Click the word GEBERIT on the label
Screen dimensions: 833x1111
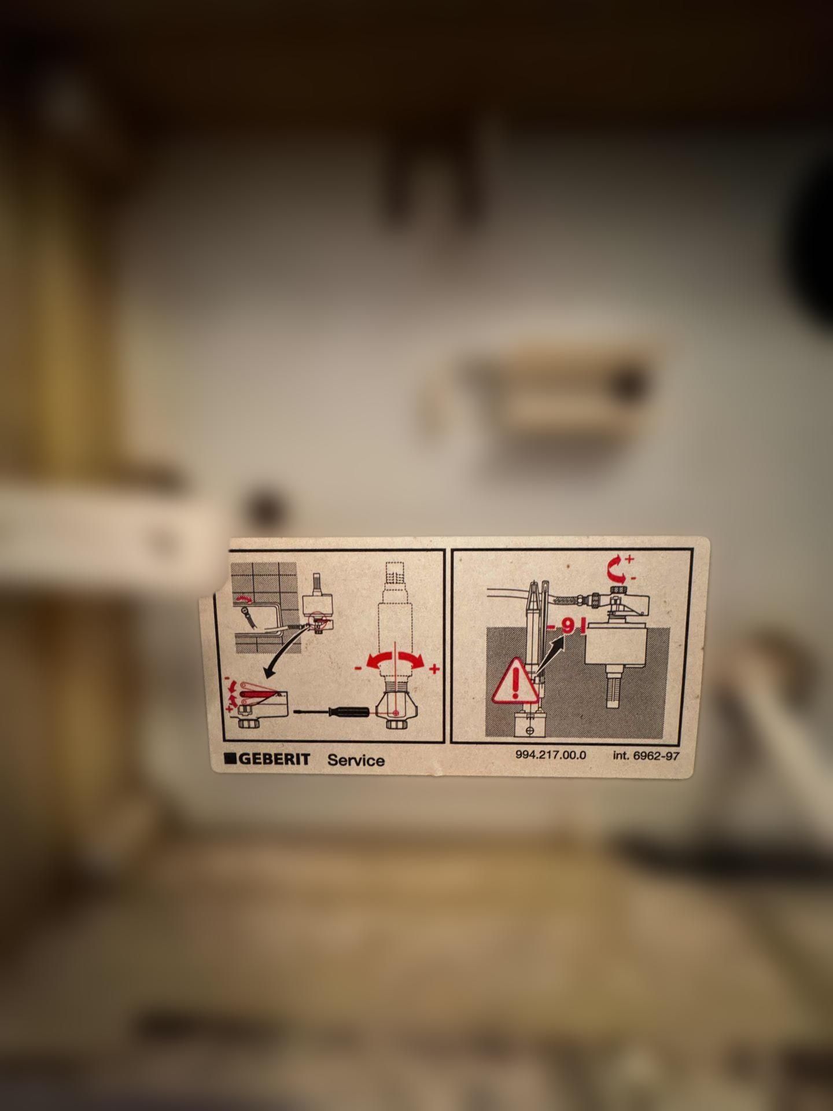[274, 759]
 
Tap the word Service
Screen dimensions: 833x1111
[356, 760]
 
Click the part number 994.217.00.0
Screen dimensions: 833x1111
[550, 755]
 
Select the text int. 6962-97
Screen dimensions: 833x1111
[646, 756]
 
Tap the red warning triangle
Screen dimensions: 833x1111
[514, 680]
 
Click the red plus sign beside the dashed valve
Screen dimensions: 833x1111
[434, 669]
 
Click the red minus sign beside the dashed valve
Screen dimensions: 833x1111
[359, 668]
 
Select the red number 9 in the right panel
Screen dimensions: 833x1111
[567, 626]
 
